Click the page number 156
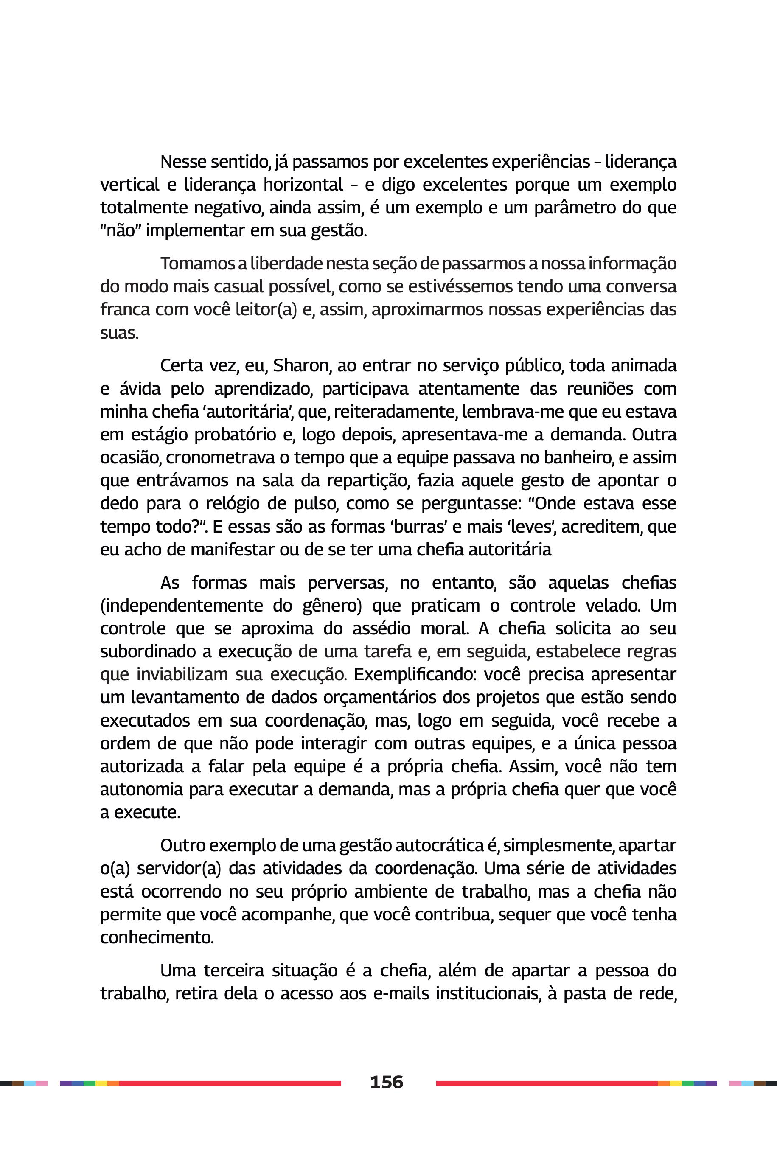(387, 1082)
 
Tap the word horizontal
(303, 185)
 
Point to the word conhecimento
(157, 937)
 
